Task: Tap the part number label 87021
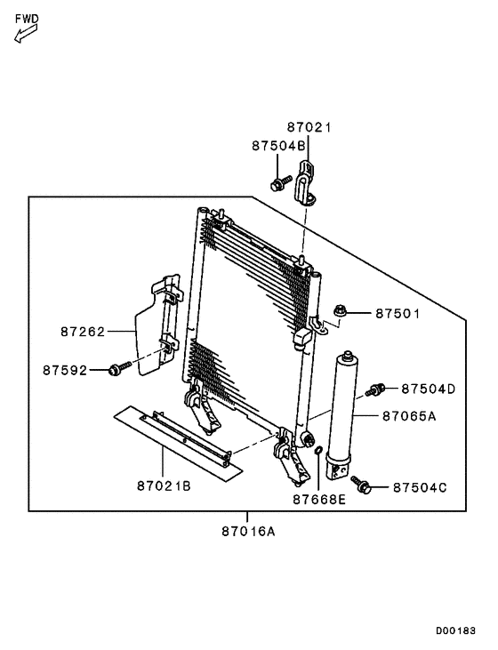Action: tap(309, 127)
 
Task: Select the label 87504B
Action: tap(277, 145)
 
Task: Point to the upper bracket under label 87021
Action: tap(306, 182)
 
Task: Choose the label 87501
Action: tap(397, 313)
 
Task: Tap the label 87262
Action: tap(83, 332)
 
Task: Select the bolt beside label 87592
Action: tap(116, 368)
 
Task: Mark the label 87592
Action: tap(65, 369)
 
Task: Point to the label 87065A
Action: tap(409, 415)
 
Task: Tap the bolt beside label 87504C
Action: tap(361, 485)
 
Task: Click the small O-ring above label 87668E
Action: tap(317, 461)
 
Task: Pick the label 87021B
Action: tap(164, 485)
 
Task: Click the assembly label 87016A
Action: tap(248, 532)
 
